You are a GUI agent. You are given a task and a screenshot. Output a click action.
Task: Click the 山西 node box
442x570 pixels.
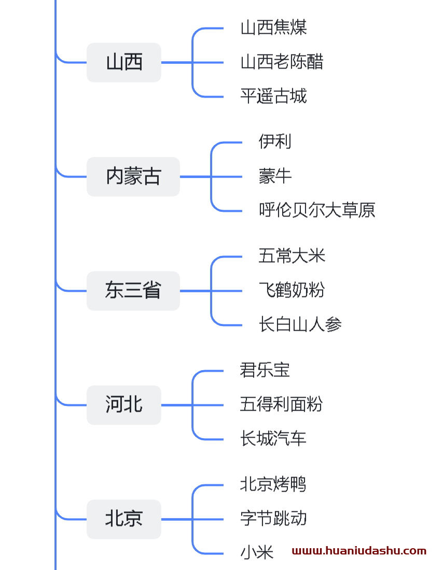(124, 62)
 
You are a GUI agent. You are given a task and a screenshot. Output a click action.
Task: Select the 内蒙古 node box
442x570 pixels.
(133, 177)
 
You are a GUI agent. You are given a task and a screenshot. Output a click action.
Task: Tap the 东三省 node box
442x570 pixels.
(133, 291)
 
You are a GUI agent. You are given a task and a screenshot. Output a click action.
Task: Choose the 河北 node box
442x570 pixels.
(124, 405)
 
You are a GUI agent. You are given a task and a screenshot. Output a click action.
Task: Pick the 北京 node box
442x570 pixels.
(124, 519)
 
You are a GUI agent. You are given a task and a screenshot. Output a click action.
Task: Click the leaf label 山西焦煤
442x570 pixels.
(273, 28)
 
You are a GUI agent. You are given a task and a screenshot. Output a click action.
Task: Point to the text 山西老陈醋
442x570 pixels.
(282, 62)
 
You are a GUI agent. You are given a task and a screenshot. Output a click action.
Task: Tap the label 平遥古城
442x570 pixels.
(273, 97)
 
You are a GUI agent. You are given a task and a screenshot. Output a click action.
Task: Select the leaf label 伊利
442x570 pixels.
(275, 142)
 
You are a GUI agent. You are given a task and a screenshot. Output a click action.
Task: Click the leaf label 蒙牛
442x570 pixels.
(275, 177)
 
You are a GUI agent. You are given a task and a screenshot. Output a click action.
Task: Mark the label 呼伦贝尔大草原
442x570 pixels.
(316, 210)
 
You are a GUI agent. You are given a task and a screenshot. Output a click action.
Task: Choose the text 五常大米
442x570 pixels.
(292, 256)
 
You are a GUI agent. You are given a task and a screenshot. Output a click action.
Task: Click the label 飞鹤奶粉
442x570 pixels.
(292, 290)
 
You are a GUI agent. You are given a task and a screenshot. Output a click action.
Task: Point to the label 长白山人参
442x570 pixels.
(300, 325)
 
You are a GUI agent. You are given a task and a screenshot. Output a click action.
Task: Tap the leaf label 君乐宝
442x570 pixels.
(265, 370)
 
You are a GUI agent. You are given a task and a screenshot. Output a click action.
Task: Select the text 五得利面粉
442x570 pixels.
(281, 404)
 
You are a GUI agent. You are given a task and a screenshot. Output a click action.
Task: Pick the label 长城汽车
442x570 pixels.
(273, 439)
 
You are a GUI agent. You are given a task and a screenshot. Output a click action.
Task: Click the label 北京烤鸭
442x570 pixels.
(273, 484)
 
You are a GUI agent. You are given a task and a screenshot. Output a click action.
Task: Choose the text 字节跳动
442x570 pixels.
(273, 519)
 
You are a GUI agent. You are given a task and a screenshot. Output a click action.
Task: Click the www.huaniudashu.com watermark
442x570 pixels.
(359, 551)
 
